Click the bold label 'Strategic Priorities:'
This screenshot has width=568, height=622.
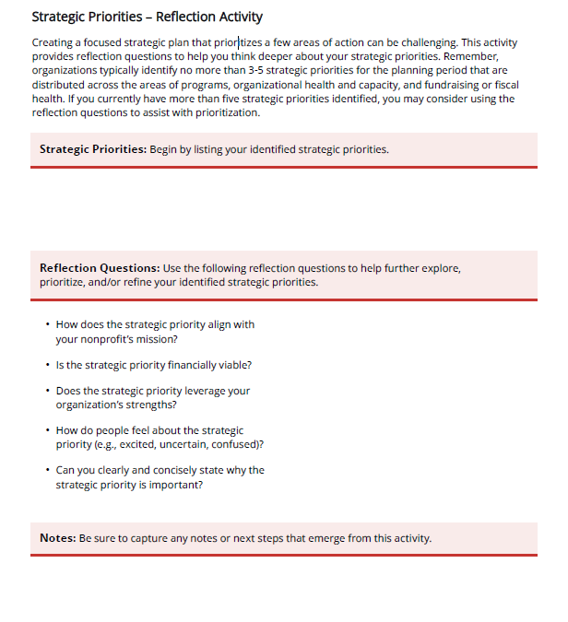point(92,149)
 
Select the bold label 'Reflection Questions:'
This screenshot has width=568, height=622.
point(101,268)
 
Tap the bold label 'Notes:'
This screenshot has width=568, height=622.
point(58,538)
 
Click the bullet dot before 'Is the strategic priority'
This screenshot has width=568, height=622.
point(47,365)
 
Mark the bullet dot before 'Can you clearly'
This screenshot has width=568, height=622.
point(47,470)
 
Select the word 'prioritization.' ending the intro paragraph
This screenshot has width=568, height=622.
point(223,112)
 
